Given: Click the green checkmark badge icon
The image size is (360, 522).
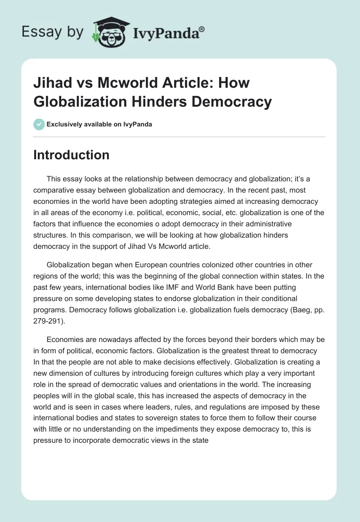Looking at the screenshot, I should tap(39, 124).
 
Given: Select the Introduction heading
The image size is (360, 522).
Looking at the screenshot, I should tap(72, 155).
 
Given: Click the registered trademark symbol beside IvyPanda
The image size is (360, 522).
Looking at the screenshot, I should tap(202, 29).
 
